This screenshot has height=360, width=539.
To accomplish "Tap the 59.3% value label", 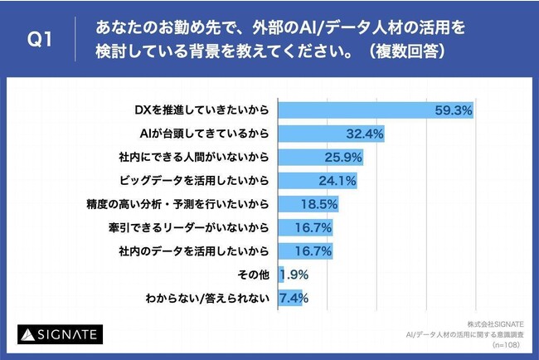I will pyautogui.click(x=454, y=109).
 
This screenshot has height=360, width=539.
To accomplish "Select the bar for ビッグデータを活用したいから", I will pyautogui.click(x=308, y=178).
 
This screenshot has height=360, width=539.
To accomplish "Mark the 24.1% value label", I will pyautogui.click(x=337, y=178).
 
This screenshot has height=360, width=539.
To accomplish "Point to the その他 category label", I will pyautogui.click(x=255, y=273).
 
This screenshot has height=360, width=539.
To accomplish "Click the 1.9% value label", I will pyautogui.click(x=296, y=273).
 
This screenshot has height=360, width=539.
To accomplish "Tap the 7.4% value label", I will pyautogui.click(x=295, y=297).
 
